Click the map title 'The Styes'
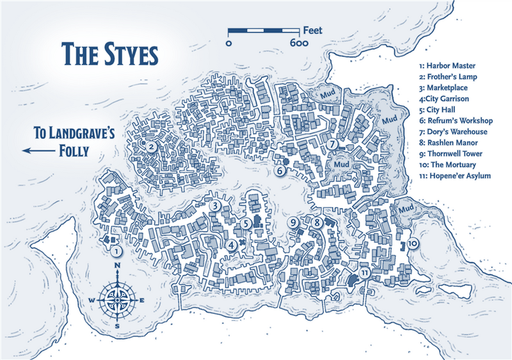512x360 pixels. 109,54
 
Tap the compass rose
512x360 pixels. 117,297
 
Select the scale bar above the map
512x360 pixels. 264,30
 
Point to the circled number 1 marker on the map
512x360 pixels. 116,251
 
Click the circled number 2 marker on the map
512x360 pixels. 151,147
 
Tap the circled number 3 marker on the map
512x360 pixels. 216,206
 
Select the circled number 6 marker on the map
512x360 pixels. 280,170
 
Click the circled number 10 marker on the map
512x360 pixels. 413,243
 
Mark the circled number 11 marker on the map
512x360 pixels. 365,273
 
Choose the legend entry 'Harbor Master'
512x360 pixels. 447,66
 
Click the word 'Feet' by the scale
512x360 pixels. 313,29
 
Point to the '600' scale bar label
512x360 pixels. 300,44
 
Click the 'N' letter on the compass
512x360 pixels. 117,268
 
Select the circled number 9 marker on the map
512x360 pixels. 294,223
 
